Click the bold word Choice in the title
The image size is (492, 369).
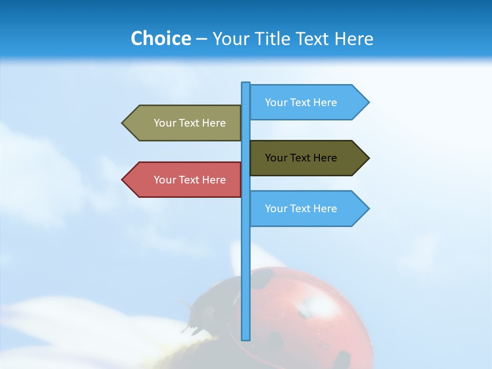pos(160,38)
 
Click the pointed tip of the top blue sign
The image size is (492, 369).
pos(368,102)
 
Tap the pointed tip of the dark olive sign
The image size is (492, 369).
pos(368,158)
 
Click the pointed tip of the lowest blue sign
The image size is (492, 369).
pos(368,209)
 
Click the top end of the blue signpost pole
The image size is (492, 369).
pos(246,84)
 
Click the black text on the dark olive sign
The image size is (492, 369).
pos(301,158)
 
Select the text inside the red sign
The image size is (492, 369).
pos(190,180)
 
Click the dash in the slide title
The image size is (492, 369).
pos(201,39)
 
